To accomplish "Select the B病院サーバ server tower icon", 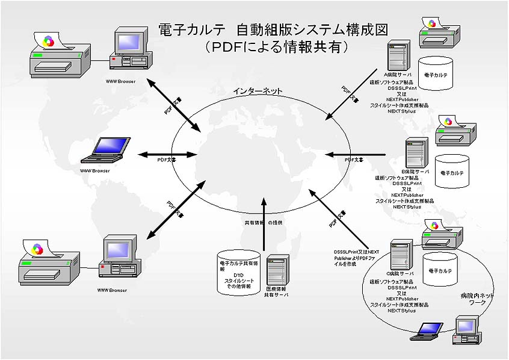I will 416,153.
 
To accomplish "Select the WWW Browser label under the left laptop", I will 95,171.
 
